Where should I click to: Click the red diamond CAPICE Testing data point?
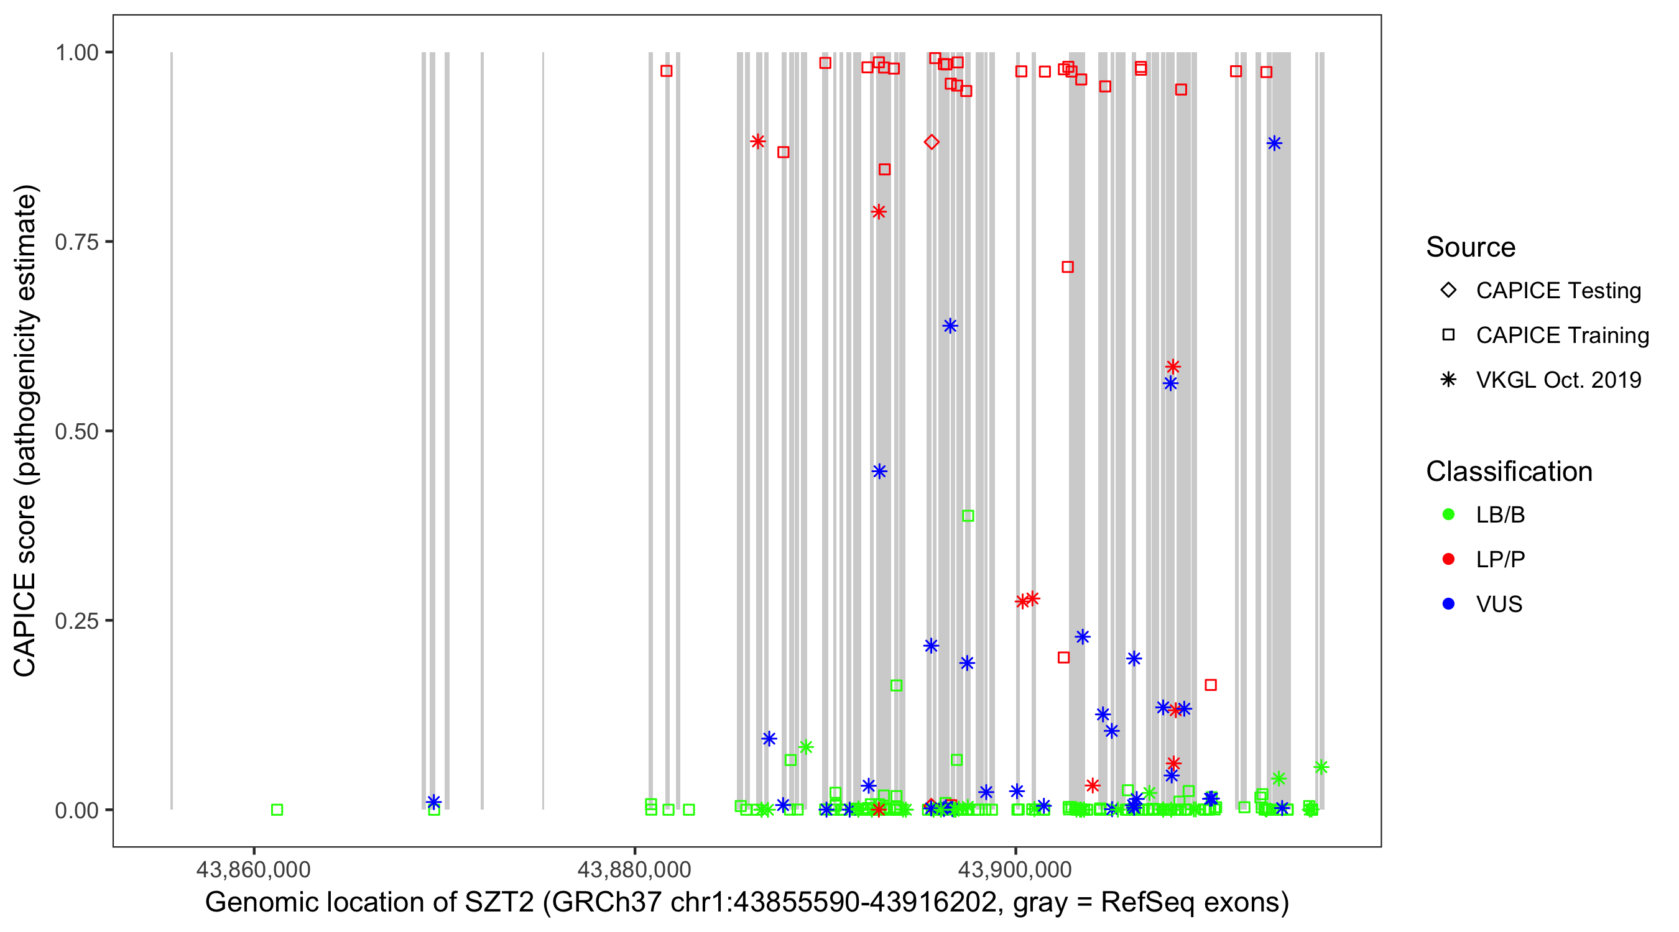pyautogui.click(x=932, y=142)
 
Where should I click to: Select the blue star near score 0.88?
pyautogui.click(x=1274, y=144)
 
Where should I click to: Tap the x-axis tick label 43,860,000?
pyautogui.click(x=254, y=869)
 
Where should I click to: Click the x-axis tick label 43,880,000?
pyautogui.click(x=634, y=869)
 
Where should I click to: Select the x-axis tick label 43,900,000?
pyautogui.click(x=1015, y=869)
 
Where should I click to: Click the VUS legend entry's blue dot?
pyautogui.click(x=1448, y=604)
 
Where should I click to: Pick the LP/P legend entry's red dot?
pyautogui.click(x=1448, y=559)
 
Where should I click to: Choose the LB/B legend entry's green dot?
pyautogui.click(x=1448, y=514)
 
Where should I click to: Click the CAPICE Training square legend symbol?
pyautogui.click(x=1448, y=335)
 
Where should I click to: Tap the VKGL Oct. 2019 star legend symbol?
pyautogui.click(x=1448, y=380)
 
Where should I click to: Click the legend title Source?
pyautogui.click(x=1471, y=247)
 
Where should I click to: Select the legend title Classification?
pyautogui.click(x=1509, y=472)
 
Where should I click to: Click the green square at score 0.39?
pyautogui.click(x=968, y=516)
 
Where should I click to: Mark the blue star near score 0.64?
pyautogui.click(x=950, y=326)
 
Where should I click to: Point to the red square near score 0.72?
pyautogui.click(x=1068, y=267)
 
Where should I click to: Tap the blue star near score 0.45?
pyautogui.click(x=879, y=472)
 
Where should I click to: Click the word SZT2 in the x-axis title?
pyautogui.click(x=499, y=903)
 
